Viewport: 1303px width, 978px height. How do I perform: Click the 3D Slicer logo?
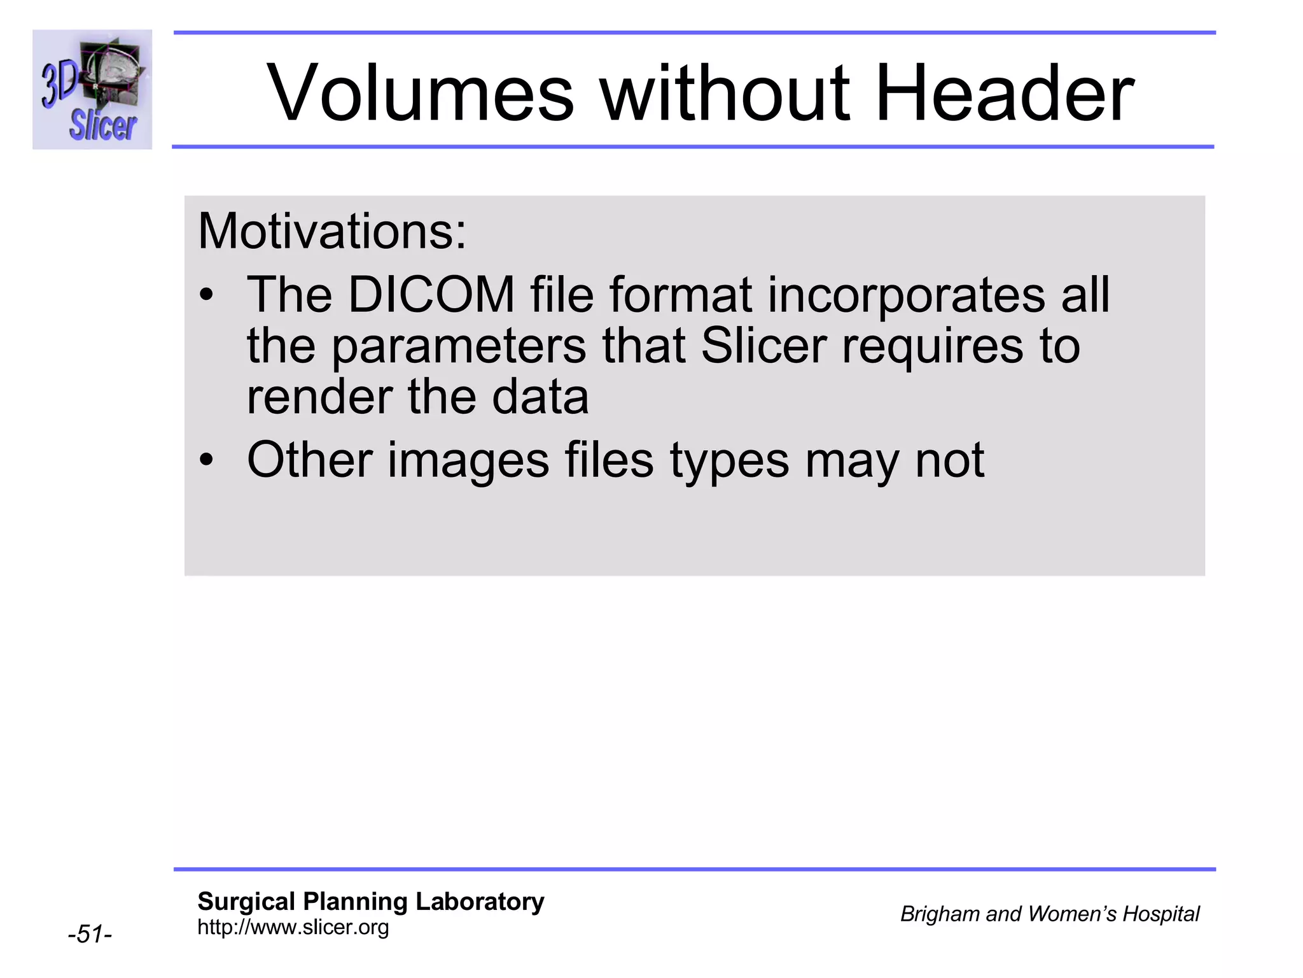pos(92,89)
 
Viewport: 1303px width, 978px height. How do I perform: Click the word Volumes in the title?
pos(421,93)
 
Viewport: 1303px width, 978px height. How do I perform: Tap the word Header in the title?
pos(1005,93)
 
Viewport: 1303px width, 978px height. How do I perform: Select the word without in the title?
pos(725,93)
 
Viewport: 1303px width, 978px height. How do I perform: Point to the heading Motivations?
pos(332,230)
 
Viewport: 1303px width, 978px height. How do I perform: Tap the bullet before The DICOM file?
pos(206,296)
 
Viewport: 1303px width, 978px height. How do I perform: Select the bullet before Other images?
pos(206,460)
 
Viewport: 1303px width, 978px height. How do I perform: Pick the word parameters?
pos(459,347)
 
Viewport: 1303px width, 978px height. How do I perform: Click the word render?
pos(319,397)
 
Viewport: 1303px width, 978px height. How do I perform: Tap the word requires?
pos(933,347)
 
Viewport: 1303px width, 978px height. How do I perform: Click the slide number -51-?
pos(90,934)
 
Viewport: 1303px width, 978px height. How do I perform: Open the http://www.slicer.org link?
pos(293,927)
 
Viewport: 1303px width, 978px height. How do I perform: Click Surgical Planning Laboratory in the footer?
pos(370,902)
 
